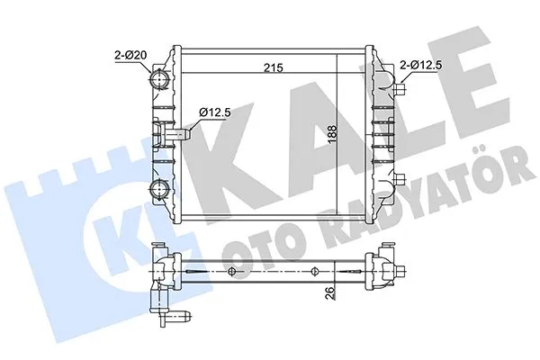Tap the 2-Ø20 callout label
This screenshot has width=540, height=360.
[131, 57]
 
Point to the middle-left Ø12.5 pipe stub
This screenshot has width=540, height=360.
[180, 134]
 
